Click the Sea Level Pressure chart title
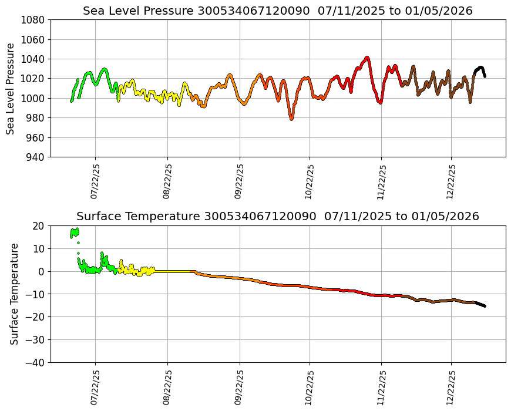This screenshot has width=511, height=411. [277, 11]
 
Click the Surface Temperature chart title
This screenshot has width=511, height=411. [277, 217]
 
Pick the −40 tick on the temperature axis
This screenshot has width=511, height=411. [37, 363]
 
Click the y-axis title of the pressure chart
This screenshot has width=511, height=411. [11, 89]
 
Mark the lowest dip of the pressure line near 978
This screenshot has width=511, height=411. [291, 119]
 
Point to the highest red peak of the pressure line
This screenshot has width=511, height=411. [367, 58]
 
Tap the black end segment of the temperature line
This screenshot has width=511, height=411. [480, 304]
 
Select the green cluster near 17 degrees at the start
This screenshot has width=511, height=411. [75, 233]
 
